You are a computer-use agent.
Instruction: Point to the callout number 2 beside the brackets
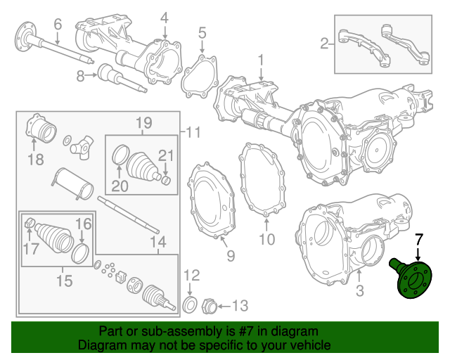325,44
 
